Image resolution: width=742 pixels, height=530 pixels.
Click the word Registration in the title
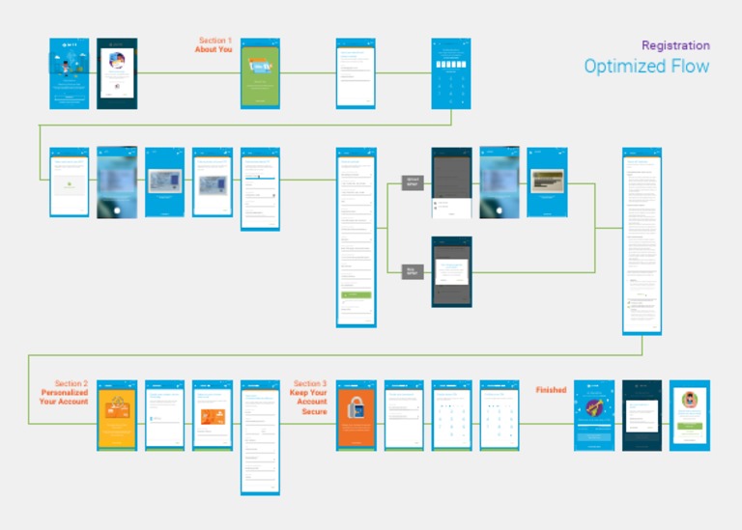pyautogui.click(x=675, y=45)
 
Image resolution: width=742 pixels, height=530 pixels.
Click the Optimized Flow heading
pyautogui.click(x=646, y=67)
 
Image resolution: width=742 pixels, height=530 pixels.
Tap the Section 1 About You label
pyautogui.click(x=214, y=45)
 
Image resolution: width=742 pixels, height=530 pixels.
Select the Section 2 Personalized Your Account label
pyautogui.click(x=64, y=393)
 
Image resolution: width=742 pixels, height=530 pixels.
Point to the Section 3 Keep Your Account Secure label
pyautogui.click(x=308, y=398)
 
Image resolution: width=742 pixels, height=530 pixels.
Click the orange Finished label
pyautogui.click(x=552, y=390)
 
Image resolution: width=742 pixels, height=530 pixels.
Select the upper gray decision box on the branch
pyautogui.click(x=413, y=182)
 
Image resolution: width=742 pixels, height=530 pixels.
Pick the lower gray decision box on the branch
pyautogui.click(x=413, y=271)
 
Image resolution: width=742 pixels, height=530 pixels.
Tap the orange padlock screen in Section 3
pyautogui.click(x=357, y=414)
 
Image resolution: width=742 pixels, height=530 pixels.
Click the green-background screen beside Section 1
pyautogui.click(x=260, y=73)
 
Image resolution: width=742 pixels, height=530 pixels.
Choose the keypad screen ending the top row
pyautogui.click(x=450, y=73)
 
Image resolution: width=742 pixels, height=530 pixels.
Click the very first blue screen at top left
pyautogui.click(x=69, y=73)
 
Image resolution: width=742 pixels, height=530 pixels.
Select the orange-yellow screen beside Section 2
pyautogui.click(x=117, y=414)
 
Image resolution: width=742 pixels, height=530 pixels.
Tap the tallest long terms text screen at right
pyautogui.click(x=642, y=240)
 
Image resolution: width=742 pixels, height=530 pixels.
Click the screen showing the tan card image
pyautogui.click(x=547, y=182)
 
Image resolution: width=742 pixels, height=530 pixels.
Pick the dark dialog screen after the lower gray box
pyautogui.click(x=451, y=271)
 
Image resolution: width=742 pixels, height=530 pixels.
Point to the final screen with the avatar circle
pyautogui.click(x=689, y=414)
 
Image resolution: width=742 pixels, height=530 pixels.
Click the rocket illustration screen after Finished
pyautogui.click(x=594, y=414)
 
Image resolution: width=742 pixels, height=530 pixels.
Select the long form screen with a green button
pyautogui.click(x=356, y=237)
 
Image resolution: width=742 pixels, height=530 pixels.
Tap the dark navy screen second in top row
pyautogui.click(x=117, y=73)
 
